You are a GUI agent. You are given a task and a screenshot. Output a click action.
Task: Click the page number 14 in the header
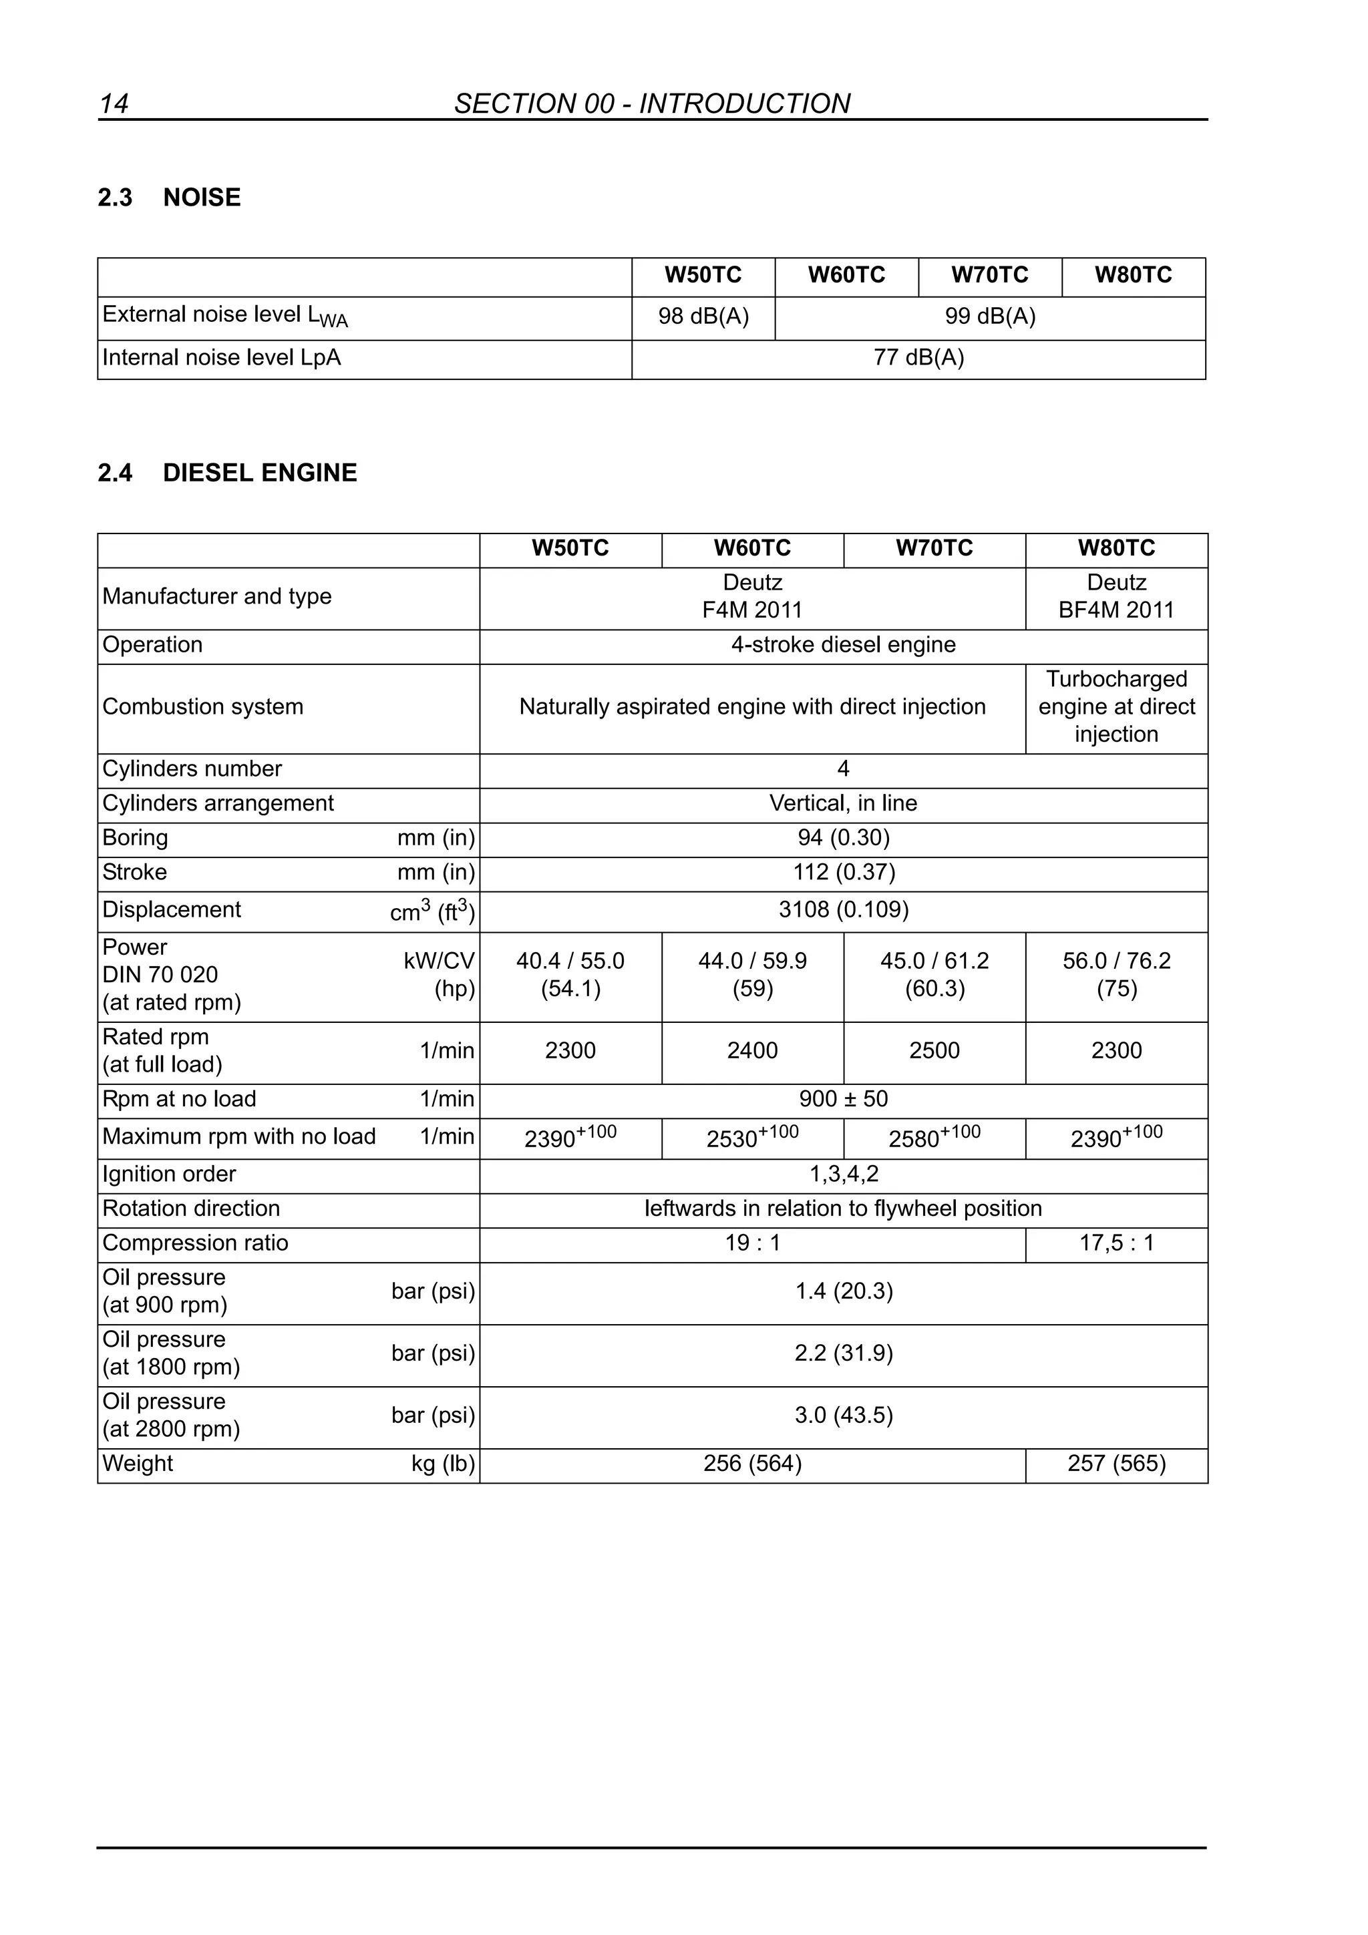click(114, 103)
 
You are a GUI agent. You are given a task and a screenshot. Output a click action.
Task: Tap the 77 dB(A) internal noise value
click(918, 358)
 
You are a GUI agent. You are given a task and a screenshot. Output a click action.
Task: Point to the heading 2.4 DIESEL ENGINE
click(228, 473)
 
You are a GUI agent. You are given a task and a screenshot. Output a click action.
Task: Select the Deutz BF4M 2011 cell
click(1116, 597)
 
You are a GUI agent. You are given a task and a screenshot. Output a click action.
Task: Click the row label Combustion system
click(202, 706)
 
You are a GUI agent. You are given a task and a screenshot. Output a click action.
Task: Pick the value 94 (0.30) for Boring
click(843, 838)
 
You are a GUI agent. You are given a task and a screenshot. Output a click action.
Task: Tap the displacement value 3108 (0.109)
click(843, 909)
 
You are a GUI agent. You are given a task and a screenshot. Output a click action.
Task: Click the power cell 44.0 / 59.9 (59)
click(752, 974)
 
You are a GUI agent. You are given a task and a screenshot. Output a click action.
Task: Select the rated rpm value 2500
click(934, 1051)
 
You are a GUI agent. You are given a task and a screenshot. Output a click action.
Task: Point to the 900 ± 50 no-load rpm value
click(843, 1099)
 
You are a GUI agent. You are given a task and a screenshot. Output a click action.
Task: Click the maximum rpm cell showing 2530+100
click(752, 1138)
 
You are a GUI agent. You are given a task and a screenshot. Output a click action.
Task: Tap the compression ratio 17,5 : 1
click(1116, 1243)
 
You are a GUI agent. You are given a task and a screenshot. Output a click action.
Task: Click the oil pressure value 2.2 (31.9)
click(843, 1353)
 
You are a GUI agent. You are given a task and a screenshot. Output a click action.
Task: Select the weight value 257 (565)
click(1116, 1464)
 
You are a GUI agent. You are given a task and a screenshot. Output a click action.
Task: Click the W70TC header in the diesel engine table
click(934, 549)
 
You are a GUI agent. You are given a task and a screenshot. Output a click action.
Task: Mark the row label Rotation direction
click(191, 1209)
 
